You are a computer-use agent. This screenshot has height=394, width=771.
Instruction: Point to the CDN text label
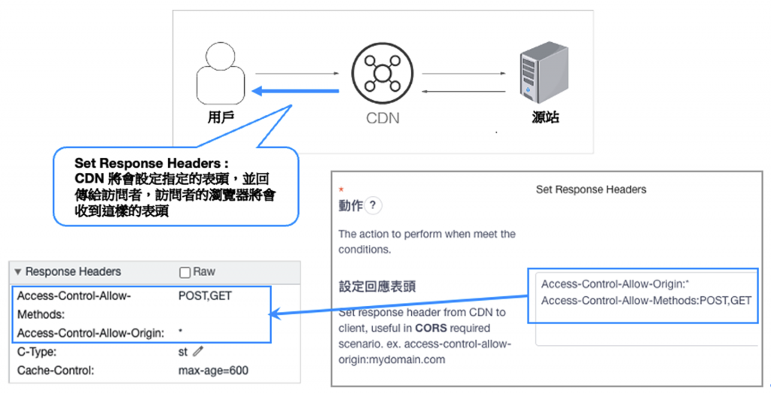382,118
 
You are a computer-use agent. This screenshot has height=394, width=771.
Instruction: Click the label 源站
544,117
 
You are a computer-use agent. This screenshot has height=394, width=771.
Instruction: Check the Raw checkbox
184,272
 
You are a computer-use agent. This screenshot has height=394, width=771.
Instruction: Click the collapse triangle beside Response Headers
18,272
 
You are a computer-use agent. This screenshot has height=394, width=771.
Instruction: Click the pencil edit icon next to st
198,350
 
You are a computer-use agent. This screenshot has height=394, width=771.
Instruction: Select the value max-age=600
213,370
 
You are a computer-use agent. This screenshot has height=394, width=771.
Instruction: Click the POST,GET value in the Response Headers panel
205,296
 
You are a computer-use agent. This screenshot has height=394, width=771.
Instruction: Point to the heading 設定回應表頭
377,286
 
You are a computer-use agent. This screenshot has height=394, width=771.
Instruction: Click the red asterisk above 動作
341,189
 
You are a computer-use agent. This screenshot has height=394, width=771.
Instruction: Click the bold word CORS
431,328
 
